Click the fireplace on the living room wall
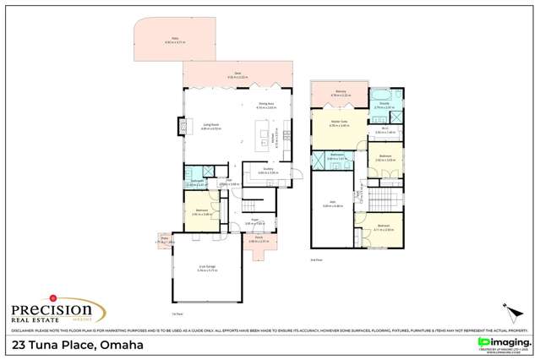point(180,126)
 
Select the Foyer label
point(251,222)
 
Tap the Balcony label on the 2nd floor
point(340,94)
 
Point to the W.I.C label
point(384,130)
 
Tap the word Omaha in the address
point(122,346)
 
